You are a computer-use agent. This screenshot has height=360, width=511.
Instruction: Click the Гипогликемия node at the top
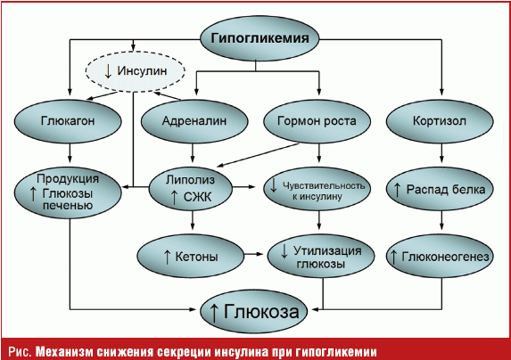(260, 38)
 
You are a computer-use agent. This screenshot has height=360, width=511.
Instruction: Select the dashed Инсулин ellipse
(136, 71)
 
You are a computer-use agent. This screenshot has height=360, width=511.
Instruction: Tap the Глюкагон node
(68, 121)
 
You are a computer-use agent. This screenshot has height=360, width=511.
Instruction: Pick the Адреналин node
(194, 121)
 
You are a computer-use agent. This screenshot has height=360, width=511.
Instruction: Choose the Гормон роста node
(317, 121)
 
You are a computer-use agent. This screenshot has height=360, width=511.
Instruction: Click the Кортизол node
(440, 121)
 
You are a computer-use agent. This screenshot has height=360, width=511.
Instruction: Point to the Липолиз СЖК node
(191, 189)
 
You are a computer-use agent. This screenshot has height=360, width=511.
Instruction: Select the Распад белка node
(440, 189)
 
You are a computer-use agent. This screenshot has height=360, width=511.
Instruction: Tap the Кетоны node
(190, 256)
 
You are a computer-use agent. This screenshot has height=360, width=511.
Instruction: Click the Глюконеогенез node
(440, 256)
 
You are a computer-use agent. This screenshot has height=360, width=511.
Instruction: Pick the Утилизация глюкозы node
(321, 256)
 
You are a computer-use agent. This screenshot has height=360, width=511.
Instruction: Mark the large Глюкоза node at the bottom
(254, 311)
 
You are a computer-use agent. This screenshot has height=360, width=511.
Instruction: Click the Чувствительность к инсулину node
(317, 189)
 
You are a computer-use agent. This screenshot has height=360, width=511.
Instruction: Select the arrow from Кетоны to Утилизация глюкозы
(253, 254)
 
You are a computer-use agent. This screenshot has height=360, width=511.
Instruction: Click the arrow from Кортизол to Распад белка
(441, 153)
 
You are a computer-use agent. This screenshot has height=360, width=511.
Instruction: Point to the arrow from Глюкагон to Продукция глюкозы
(70, 153)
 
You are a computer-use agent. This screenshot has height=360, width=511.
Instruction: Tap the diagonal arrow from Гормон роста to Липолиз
(258, 155)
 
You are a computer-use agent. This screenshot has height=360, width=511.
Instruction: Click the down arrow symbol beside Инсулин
(108, 71)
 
